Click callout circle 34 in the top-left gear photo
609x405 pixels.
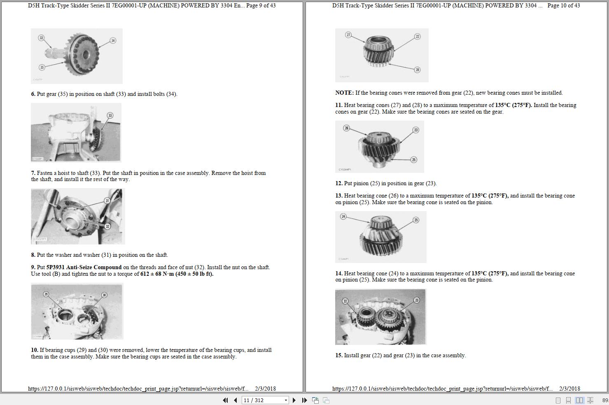(x=113, y=40)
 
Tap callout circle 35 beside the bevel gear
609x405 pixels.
(x=42, y=67)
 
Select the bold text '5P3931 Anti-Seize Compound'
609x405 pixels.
(x=84, y=267)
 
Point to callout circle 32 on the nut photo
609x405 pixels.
(x=107, y=226)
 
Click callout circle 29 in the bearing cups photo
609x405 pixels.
(x=46, y=294)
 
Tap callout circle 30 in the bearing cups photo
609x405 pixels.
(x=104, y=295)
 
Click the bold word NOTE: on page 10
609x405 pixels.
(x=344, y=93)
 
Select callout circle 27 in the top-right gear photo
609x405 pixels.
(x=348, y=35)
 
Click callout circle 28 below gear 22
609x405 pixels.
(x=417, y=70)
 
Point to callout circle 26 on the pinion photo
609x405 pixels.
(x=346, y=128)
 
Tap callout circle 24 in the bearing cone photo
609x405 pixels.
(x=343, y=216)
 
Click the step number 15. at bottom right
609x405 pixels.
(x=338, y=355)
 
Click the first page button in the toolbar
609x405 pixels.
(x=225, y=400)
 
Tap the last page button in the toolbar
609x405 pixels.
(x=304, y=400)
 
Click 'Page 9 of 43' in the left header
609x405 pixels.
(x=261, y=5)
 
